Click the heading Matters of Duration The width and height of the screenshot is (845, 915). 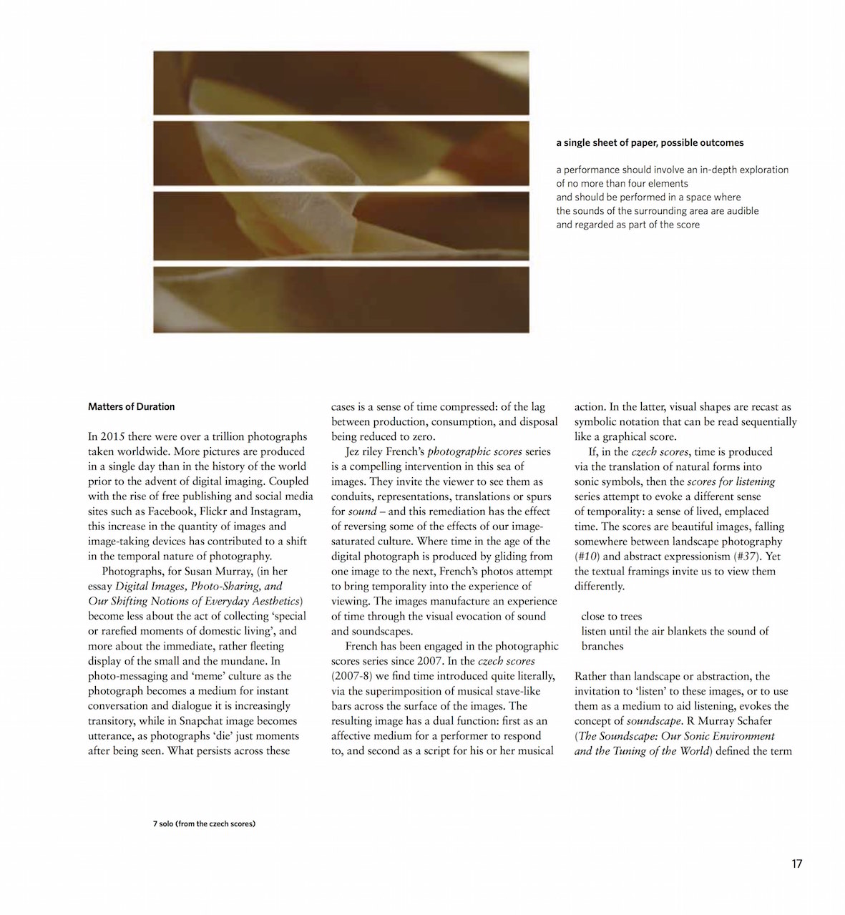131,407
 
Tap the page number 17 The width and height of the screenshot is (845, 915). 796,863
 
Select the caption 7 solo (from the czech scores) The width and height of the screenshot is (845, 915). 204,823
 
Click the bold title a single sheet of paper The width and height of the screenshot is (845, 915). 650,143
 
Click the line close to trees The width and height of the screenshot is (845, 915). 611,616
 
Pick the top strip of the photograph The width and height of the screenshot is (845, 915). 341,82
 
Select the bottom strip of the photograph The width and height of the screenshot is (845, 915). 341,299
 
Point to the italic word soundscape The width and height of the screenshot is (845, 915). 653,721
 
